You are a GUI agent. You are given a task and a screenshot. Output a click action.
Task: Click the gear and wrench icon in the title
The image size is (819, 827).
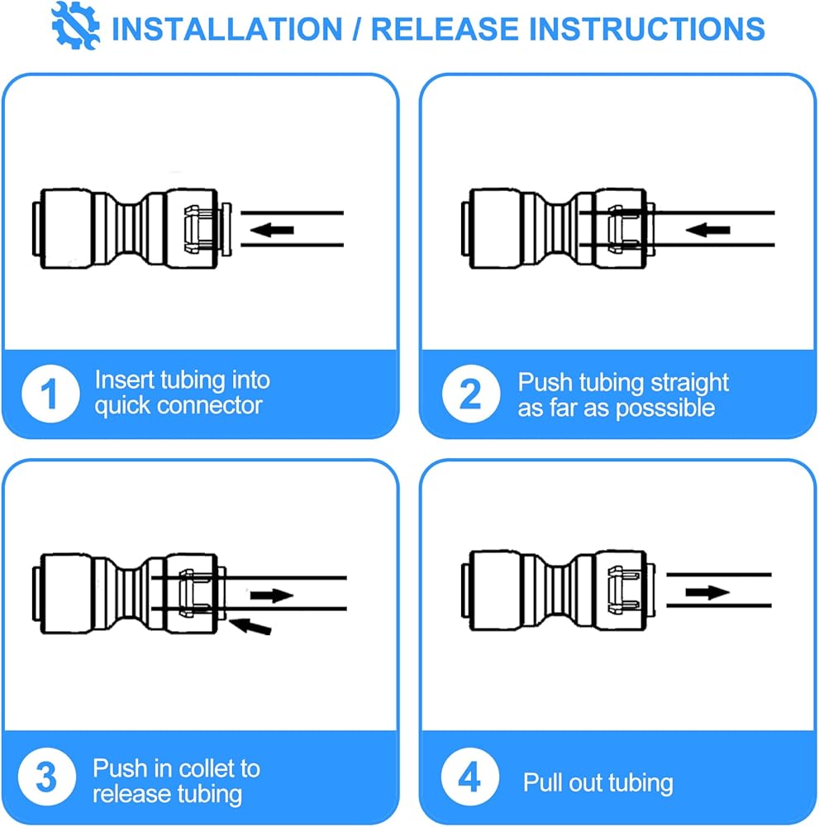pos(75,26)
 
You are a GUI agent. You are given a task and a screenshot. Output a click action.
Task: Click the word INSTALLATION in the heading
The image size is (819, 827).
pos(227,29)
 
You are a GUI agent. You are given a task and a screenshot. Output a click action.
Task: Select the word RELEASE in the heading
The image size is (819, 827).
pos(445,29)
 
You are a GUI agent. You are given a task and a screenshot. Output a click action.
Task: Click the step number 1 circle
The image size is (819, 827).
pos(50,394)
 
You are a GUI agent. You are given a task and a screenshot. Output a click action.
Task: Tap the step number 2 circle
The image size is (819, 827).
pos(470,394)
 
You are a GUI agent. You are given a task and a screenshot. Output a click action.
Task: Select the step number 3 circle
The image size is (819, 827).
pos(47,777)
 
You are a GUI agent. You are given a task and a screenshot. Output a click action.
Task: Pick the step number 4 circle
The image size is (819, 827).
pos(469,777)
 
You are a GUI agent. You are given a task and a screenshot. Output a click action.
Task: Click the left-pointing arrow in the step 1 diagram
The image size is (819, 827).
pos(272,230)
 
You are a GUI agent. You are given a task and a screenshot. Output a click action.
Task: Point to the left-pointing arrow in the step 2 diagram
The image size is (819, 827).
pos(707,230)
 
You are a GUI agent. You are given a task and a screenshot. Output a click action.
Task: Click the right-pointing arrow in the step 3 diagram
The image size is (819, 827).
pos(271,595)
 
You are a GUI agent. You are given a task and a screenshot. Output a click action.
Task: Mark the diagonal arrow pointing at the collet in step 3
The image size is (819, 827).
pos(250,626)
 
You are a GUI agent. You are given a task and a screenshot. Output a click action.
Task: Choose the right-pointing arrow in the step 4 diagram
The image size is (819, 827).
pos(707,592)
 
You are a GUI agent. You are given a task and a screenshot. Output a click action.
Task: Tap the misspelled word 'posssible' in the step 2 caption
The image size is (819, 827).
pos(664,408)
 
